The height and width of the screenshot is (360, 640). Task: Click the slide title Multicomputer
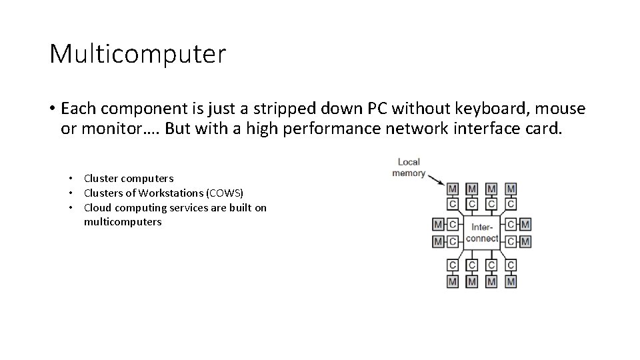pyautogui.click(x=137, y=53)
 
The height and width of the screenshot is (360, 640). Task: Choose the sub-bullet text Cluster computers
pyautogui.click(x=128, y=178)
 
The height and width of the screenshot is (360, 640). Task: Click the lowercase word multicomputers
pyautogui.click(x=123, y=222)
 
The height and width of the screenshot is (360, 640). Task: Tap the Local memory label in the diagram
pyautogui.click(x=408, y=167)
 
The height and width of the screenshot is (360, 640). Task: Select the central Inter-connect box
pyautogui.click(x=481, y=231)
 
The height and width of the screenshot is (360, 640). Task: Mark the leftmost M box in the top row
pyautogui.click(x=453, y=189)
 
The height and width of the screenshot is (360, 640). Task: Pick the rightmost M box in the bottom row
pyautogui.click(x=511, y=281)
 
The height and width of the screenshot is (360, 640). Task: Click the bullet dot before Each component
pyautogui.click(x=51, y=109)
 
